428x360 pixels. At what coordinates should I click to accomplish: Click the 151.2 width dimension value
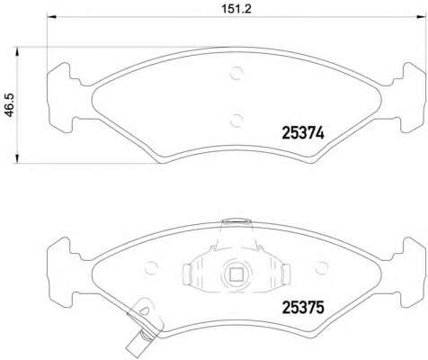tap(236, 9)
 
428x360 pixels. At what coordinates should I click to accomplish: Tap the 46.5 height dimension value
tap(9, 104)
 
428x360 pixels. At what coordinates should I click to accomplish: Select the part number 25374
tap(303, 133)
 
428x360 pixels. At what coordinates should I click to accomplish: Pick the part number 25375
tap(303, 308)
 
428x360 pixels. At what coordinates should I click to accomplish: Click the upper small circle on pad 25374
tap(236, 73)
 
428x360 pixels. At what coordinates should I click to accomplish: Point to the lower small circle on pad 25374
tap(236, 121)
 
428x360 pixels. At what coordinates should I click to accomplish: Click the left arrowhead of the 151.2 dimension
tap(51, 17)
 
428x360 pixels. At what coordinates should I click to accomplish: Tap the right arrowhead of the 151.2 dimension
tap(422, 17)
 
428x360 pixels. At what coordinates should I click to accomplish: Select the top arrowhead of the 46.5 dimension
tap(17, 51)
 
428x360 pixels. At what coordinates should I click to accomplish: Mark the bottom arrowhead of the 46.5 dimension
tap(17, 159)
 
